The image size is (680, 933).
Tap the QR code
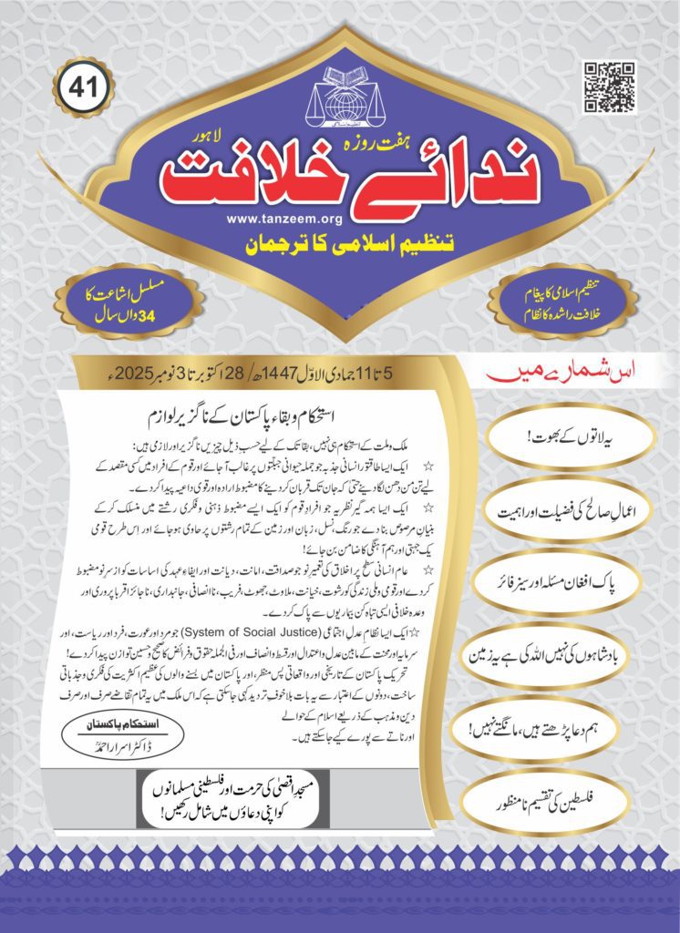[x=609, y=87]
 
